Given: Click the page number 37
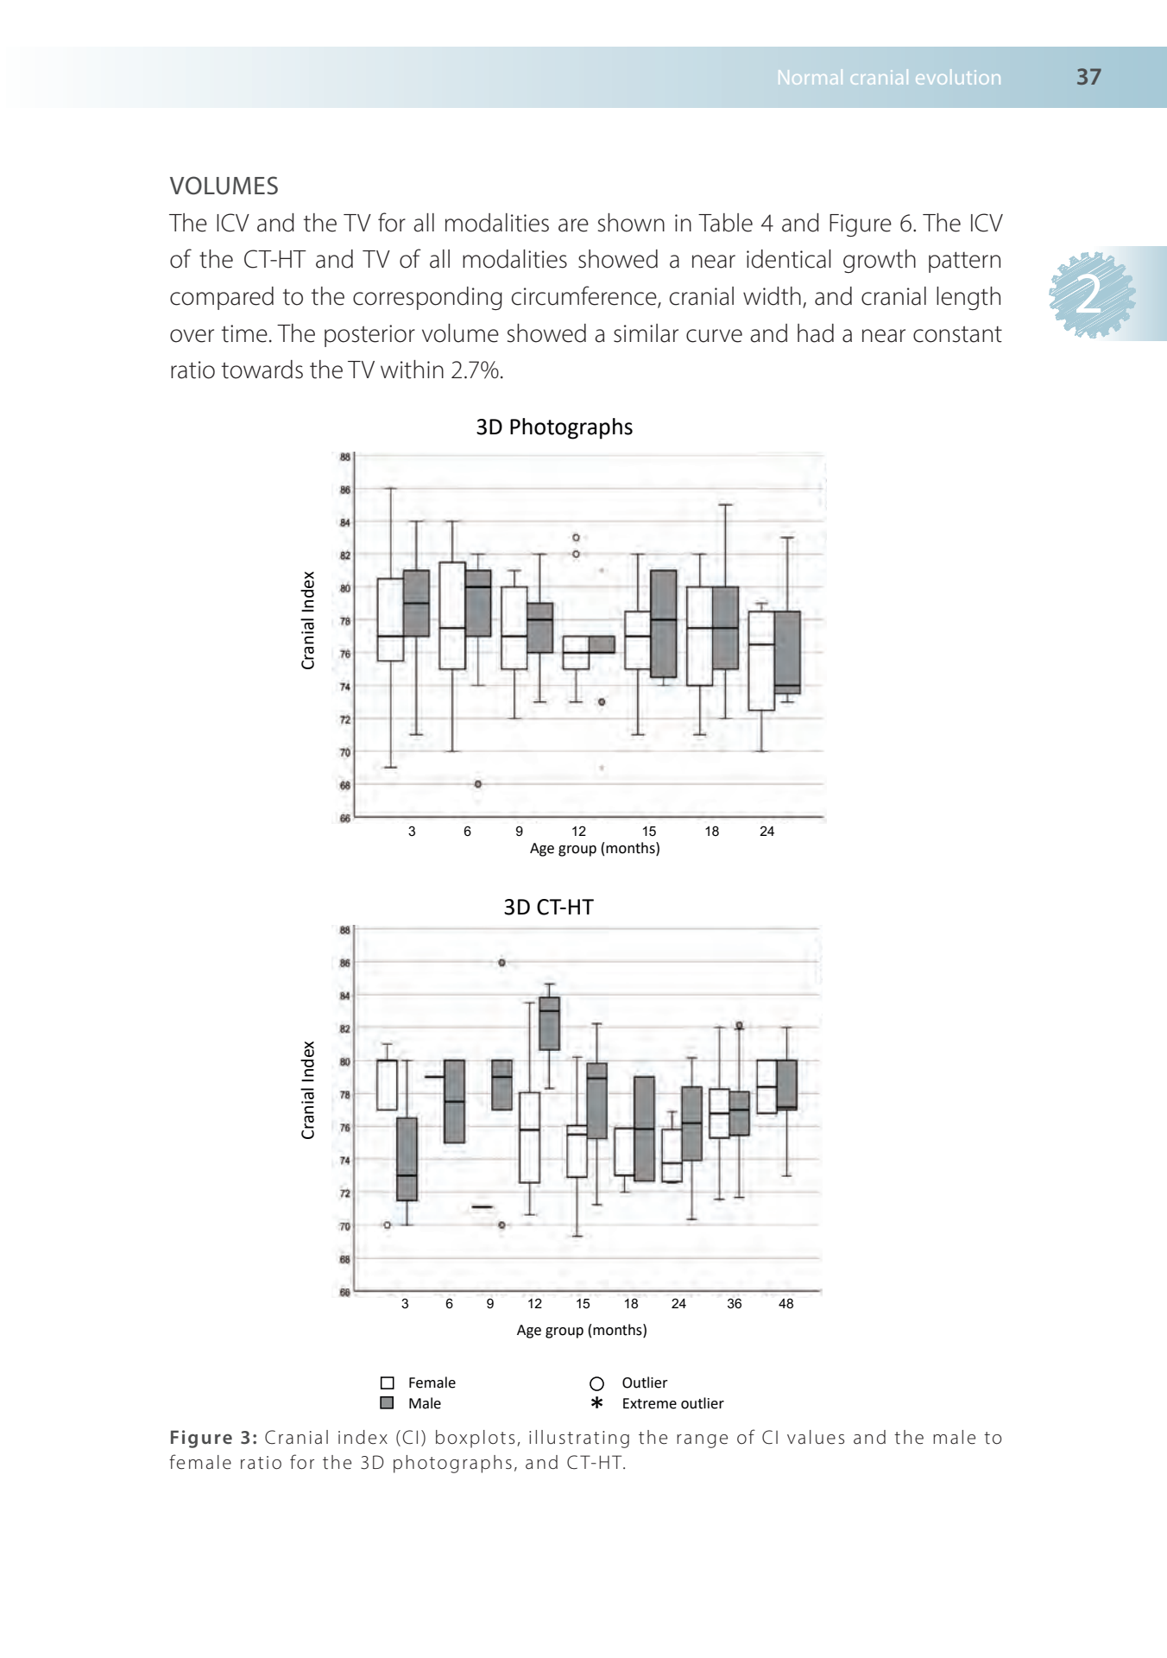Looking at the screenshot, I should click(1088, 77).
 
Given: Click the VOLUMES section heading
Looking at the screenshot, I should click(224, 186).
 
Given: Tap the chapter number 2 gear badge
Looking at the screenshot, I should click(1092, 295).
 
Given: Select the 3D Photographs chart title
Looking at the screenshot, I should click(554, 427).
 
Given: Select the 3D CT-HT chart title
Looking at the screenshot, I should click(548, 907).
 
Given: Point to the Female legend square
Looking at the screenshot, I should click(388, 1383).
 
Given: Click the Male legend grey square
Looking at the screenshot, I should click(388, 1403).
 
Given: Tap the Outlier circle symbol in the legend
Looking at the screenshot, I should click(596, 1383).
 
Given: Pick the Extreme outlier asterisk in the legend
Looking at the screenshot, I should click(596, 1403).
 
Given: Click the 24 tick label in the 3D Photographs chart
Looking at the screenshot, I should click(766, 832).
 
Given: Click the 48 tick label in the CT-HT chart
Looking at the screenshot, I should click(785, 1304).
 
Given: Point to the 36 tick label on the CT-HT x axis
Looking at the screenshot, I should click(734, 1304).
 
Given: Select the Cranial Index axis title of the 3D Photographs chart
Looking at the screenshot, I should click(308, 620).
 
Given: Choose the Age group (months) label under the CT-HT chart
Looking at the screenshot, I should click(581, 1330).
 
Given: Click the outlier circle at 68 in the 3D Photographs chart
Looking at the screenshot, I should click(478, 784).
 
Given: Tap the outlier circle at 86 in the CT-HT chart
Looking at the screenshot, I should click(501, 963).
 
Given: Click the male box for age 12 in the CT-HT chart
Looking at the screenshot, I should click(549, 1023).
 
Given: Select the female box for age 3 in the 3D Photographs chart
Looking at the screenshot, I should click(390, 619).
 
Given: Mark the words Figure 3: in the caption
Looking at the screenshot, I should click(213, 1438).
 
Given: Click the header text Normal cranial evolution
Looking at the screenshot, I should click(889, 78).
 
